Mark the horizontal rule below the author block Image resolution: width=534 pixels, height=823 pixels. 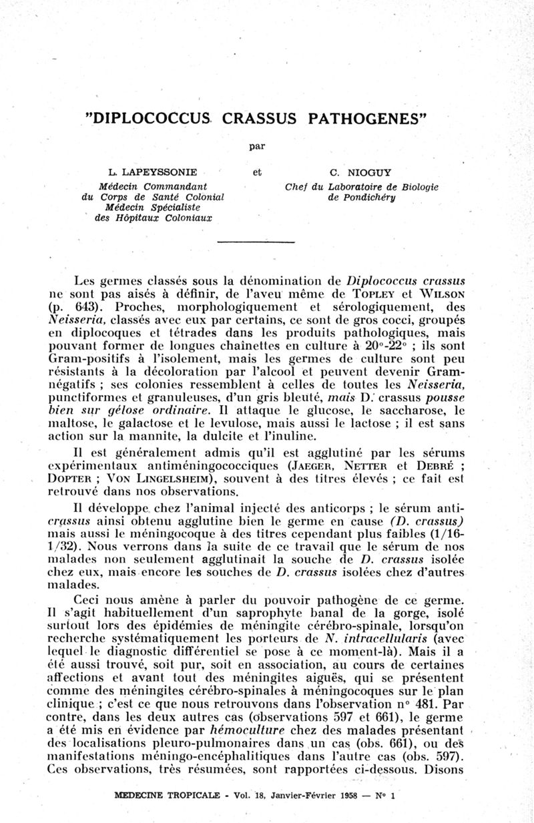256,242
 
